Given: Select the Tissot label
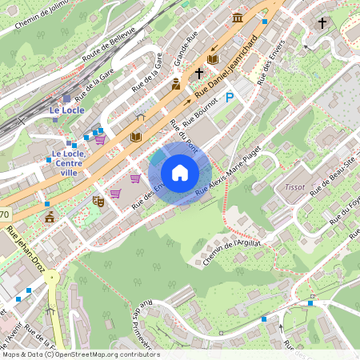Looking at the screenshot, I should point(294,186).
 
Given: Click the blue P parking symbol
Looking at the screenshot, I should point(230,98).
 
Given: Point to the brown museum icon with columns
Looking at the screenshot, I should point(237,18).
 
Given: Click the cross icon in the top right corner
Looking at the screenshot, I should point(322,23).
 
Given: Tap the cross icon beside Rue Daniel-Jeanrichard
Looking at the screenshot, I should point(198,73).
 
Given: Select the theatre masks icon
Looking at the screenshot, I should point(98,201).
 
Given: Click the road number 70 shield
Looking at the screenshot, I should point(4,214).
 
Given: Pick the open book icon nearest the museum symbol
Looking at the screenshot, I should point(213,59).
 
